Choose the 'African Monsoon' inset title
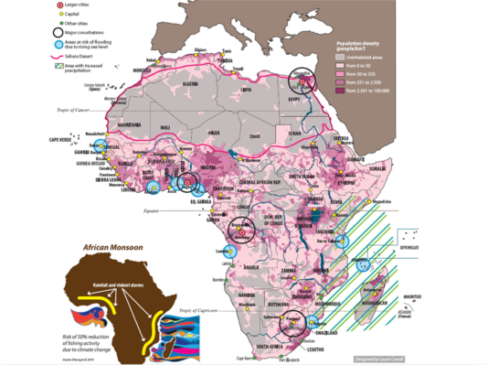(115, 247)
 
